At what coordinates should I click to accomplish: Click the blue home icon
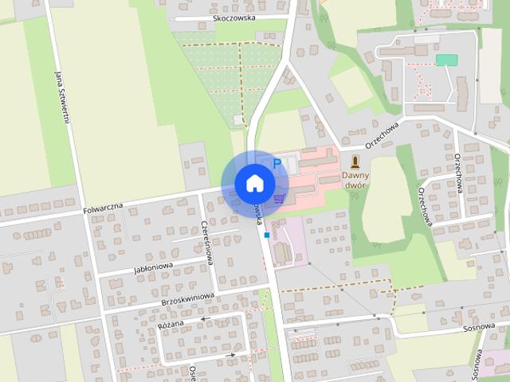coord(253,182)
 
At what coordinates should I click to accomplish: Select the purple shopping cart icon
coord(279,198)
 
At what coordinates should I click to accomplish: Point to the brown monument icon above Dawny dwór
coord(355,159)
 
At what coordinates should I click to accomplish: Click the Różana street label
coord(171,324)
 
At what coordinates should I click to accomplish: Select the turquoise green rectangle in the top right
coord(446,60)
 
